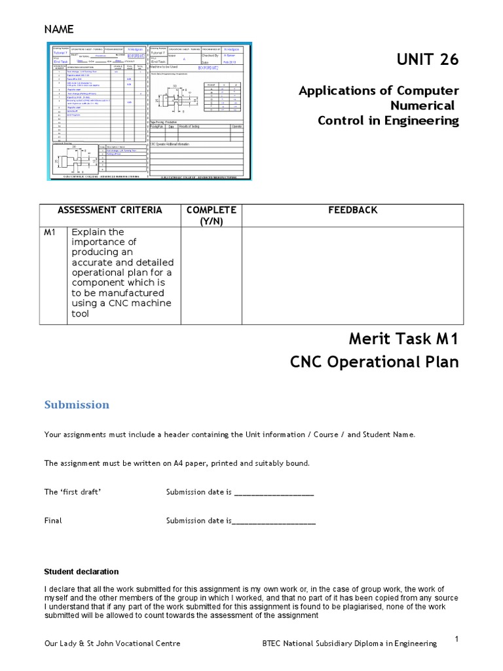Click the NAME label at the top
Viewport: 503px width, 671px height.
[x=59, y=29]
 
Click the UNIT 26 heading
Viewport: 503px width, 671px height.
[x=428, y=60]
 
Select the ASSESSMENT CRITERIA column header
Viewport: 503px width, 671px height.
[x=109, y=210]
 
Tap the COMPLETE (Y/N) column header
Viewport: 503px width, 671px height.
[x=211, y=216]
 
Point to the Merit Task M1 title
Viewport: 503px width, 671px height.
[x=403, y=339]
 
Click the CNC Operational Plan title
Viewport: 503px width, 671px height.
[x=375, y=362]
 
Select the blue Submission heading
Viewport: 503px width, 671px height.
[x=77, y=404]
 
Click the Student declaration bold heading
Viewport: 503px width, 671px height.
[x=81, y=571]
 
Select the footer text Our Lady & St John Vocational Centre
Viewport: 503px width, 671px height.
[x=112, y=644]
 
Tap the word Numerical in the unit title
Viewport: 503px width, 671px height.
[x=422, y=105]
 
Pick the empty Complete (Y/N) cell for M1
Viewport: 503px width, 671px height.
[x=211, y=275]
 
